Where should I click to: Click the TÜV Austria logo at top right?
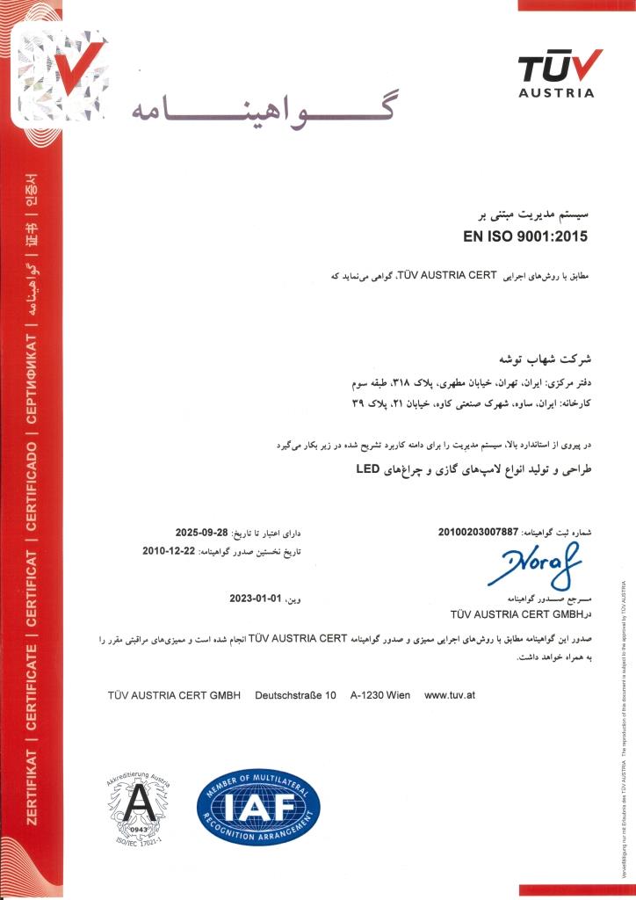tap(560, 73)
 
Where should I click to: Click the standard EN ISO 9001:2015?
tap(524, 236)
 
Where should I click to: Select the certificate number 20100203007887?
tap(479, 533)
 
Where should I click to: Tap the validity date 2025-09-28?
tap(202, 533)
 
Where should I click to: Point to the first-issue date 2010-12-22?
tap(170, 551)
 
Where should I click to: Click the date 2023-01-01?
tap(255, 599)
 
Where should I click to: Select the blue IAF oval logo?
tap(258, 805)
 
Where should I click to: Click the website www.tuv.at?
tap(450, 695)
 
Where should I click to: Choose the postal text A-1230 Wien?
tap(379, 695)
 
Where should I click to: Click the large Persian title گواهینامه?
tap(264, 110)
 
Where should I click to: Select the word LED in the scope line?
tap(366, 470)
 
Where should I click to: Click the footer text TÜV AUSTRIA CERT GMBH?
tap(174, 695)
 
